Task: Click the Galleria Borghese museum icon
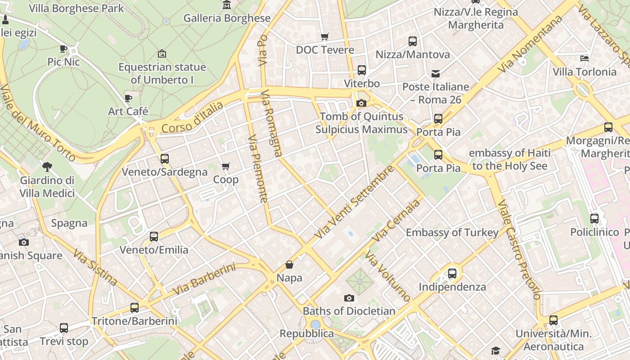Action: click(x=227, y=5)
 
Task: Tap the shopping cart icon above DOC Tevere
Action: click(x=324, y=36)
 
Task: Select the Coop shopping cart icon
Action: click(x=226, y=166)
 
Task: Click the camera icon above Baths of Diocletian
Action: click(x=349, y=298)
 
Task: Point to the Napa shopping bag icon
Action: click(x=289, y=265)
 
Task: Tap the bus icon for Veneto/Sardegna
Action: click(x=165, y=159)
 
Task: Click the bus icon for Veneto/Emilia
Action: click(x=154, y=237)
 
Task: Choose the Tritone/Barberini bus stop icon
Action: click(x=135, y=308)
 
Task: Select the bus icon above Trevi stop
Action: click(x=64, y=328)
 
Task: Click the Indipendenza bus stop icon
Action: click(x=452, y=274)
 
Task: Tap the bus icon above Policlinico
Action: click(x=594, y=219)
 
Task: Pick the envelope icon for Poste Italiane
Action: click(x=436, y=73)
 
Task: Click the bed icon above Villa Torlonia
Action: click(x=584, y=58)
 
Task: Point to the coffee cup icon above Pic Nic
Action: click(x=63, y=49)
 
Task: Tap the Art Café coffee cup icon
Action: click(x=128, y=98)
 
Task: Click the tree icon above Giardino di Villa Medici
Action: click(x=47, y=167)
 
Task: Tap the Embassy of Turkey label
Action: click(x=452, y=233)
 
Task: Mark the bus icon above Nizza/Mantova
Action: click(x=413, y=41)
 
